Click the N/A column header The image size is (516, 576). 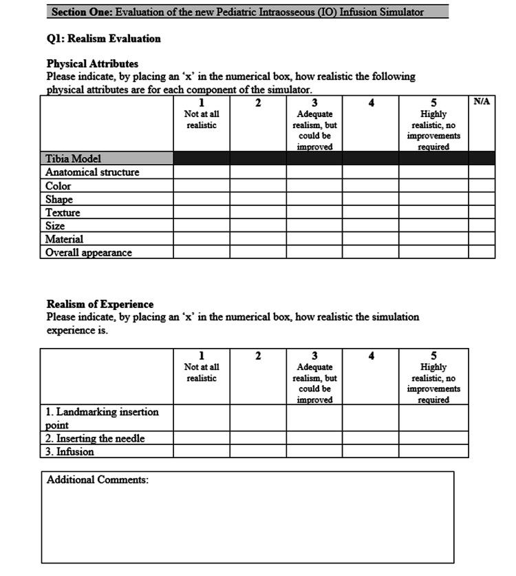pos(482,102)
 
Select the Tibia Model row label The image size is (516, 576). pos(73,158)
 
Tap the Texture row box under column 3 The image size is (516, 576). pos(314,212)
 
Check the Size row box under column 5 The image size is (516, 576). pos(433,226)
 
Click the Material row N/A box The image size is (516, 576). pos(482,239)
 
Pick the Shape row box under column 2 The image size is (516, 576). pos(258,199)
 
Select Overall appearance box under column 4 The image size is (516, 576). pos(371,252)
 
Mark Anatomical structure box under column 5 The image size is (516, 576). pos(433,172)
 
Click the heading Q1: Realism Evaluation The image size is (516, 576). pos(104,39)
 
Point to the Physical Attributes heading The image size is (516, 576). pos(92,64)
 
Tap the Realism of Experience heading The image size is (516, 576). pos(100,304)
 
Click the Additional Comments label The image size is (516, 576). pos(97,480)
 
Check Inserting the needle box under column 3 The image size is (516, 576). pos(314,438)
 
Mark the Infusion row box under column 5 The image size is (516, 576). pos(433,451)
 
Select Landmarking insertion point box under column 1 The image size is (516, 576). pos(201,418)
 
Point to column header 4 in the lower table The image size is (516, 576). pos(371,356)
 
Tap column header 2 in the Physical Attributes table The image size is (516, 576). pos(258,103)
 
